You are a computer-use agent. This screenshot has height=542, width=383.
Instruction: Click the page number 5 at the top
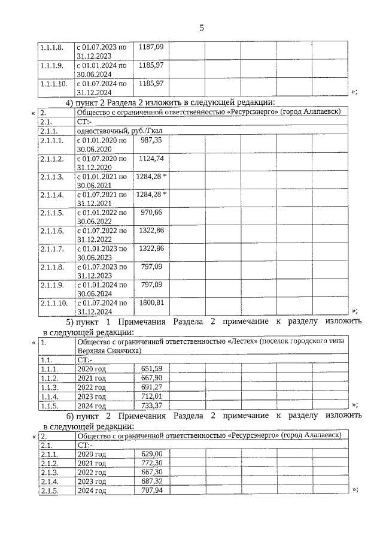[x=202, y=28]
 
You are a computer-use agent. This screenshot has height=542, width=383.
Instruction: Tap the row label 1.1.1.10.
[x=53, y=83]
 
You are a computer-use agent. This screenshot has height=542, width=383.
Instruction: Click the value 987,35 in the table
[x=151, y=140]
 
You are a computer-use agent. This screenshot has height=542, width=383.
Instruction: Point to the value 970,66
[x=151, y=212]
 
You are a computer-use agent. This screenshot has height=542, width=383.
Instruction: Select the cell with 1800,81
[x=151, y=302]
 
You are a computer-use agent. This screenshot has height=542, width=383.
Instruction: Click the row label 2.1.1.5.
[x=51, y=213]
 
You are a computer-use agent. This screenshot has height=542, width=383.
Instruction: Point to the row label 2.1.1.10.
[x=53, y=303]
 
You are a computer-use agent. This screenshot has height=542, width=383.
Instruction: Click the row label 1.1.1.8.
[x=51, y=47]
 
